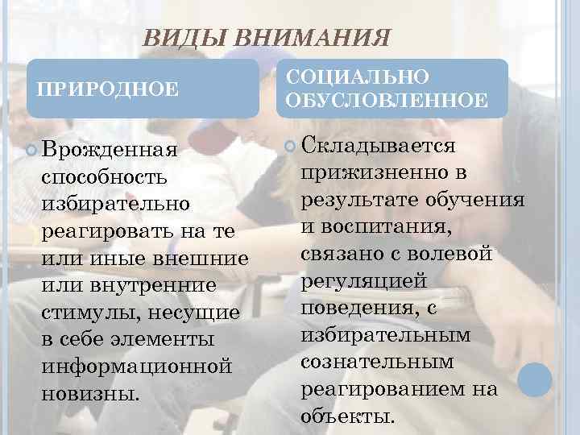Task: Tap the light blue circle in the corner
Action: click(533, 379)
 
